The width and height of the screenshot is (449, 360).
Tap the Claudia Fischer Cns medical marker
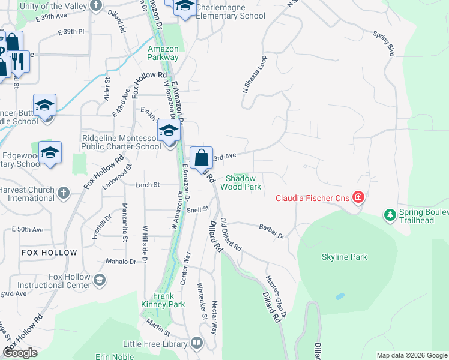[358, 197]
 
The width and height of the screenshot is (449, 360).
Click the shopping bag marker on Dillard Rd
[202, 158]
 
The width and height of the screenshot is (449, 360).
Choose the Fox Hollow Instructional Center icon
[99, 280]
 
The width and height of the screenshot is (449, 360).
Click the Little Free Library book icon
[197, 343]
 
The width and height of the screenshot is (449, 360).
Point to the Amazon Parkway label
[163, 53]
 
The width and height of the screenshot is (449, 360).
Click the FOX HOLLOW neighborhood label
[49, 253]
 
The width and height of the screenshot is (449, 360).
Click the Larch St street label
[147, 185]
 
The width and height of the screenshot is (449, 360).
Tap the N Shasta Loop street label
[253, 74]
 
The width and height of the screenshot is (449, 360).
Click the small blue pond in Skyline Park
[340, 296]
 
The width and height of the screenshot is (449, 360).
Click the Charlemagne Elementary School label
[231, 16]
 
